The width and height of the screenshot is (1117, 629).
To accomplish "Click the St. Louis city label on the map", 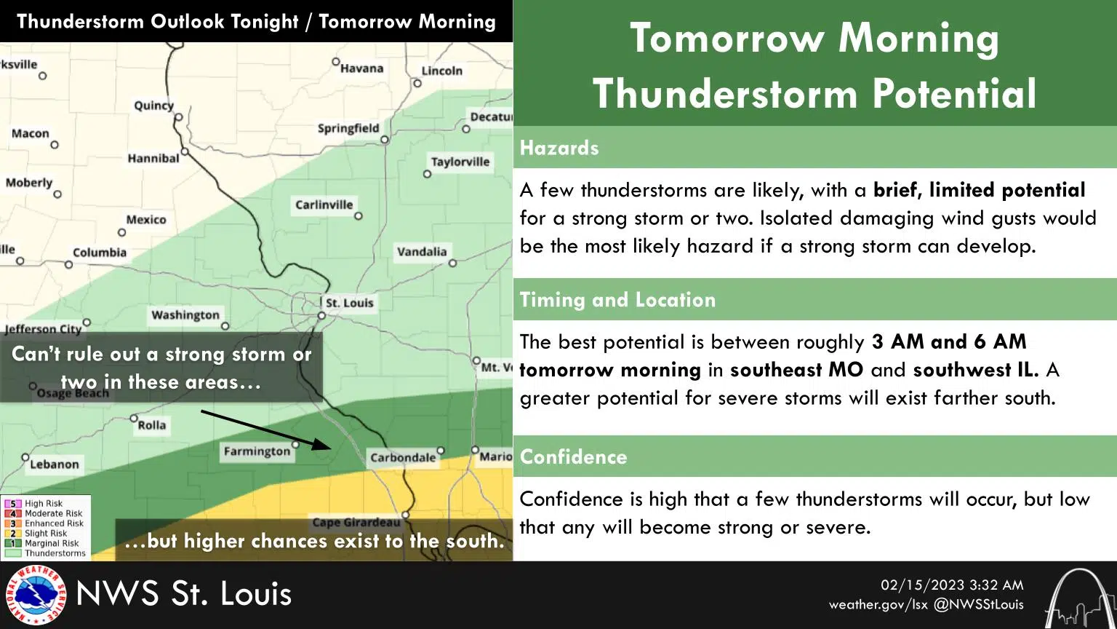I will pos(349,303).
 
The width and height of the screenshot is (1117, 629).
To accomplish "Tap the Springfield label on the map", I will pos(348,128).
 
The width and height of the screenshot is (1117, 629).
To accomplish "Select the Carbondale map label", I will pos(403,458).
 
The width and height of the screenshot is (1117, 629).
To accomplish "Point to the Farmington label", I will pos(257,451).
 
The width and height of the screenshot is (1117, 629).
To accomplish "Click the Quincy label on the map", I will pos(153,106).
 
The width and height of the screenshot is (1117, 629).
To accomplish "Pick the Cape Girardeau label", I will pos(356,523).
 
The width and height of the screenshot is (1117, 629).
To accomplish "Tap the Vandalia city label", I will pos(422,252).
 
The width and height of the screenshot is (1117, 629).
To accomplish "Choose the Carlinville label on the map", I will pos(324,205).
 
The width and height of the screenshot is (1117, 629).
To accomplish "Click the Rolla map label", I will pos(151,425).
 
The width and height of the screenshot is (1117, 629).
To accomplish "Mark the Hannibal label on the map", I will pos(153,158).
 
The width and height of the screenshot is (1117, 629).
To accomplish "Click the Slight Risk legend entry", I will pos(45,533).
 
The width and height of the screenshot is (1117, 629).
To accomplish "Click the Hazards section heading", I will pos(559,148).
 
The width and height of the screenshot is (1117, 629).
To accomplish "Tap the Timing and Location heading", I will pos(617,300).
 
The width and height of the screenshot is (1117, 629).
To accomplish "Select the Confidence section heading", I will pos(573,456).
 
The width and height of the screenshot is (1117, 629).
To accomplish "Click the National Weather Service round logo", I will pos(35,595).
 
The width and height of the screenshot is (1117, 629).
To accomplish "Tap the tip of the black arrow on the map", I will pos(332,447).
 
